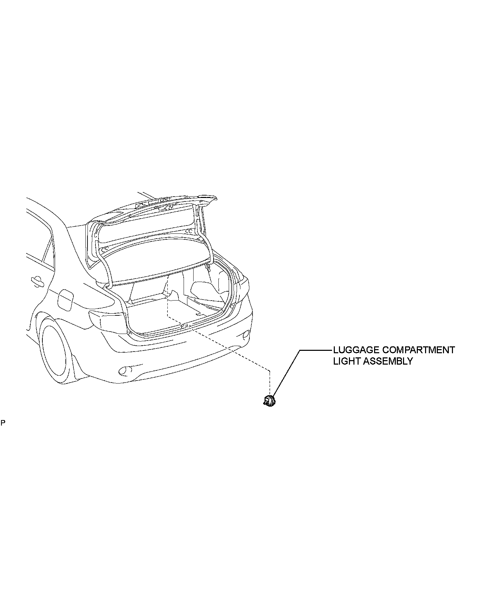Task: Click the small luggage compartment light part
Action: (269, 401)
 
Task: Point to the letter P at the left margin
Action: (3, 422)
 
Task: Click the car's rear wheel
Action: (55, 351)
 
